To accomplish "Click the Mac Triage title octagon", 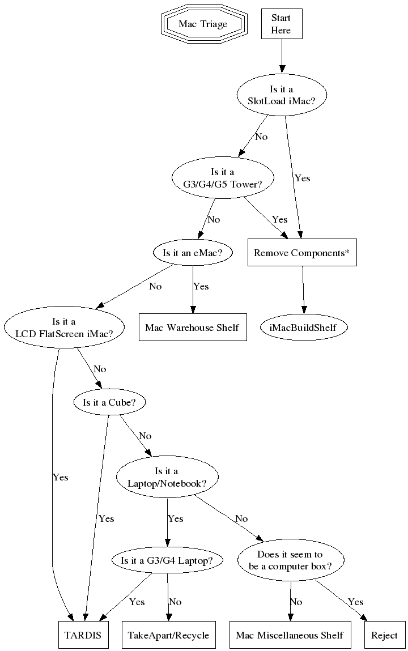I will click(x=202, y=24).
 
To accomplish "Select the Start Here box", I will click(x=281, y=24).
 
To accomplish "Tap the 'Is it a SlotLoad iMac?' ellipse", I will click(x=282, y=94).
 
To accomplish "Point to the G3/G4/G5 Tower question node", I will click(x=223, y=177).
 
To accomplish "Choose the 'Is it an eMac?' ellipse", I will click(x=193, y=253).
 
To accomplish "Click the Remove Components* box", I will click(x=301, y=253).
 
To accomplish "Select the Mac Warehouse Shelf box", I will click(x=192, y=327).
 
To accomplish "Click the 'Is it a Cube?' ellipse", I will click(x=109, y=402).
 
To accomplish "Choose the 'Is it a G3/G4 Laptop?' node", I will click(x=167, y=560).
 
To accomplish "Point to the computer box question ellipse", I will click(x=290, y=560).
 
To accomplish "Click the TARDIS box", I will click(x=83, y=635).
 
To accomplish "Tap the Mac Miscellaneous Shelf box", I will click(x=289, y=635).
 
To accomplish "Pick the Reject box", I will click(x=384, y=635).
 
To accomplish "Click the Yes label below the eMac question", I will click(x=201, y=287).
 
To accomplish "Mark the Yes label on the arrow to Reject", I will click(x=355, y=602).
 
